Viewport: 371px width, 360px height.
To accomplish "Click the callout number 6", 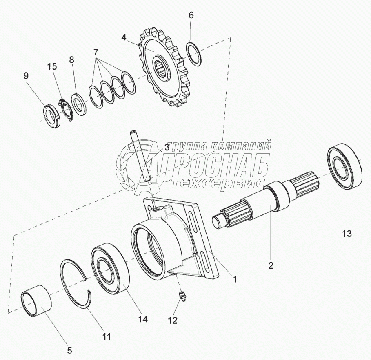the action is click(191, 15).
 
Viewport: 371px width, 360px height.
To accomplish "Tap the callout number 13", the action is click(347, 234).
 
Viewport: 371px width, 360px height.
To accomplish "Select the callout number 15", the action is click(52, 67).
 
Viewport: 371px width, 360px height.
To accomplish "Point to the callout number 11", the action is click(106, 337).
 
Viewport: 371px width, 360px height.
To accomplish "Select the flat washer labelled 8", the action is click(78, 105).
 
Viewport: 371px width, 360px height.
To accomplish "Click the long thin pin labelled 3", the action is click(140, 156).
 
